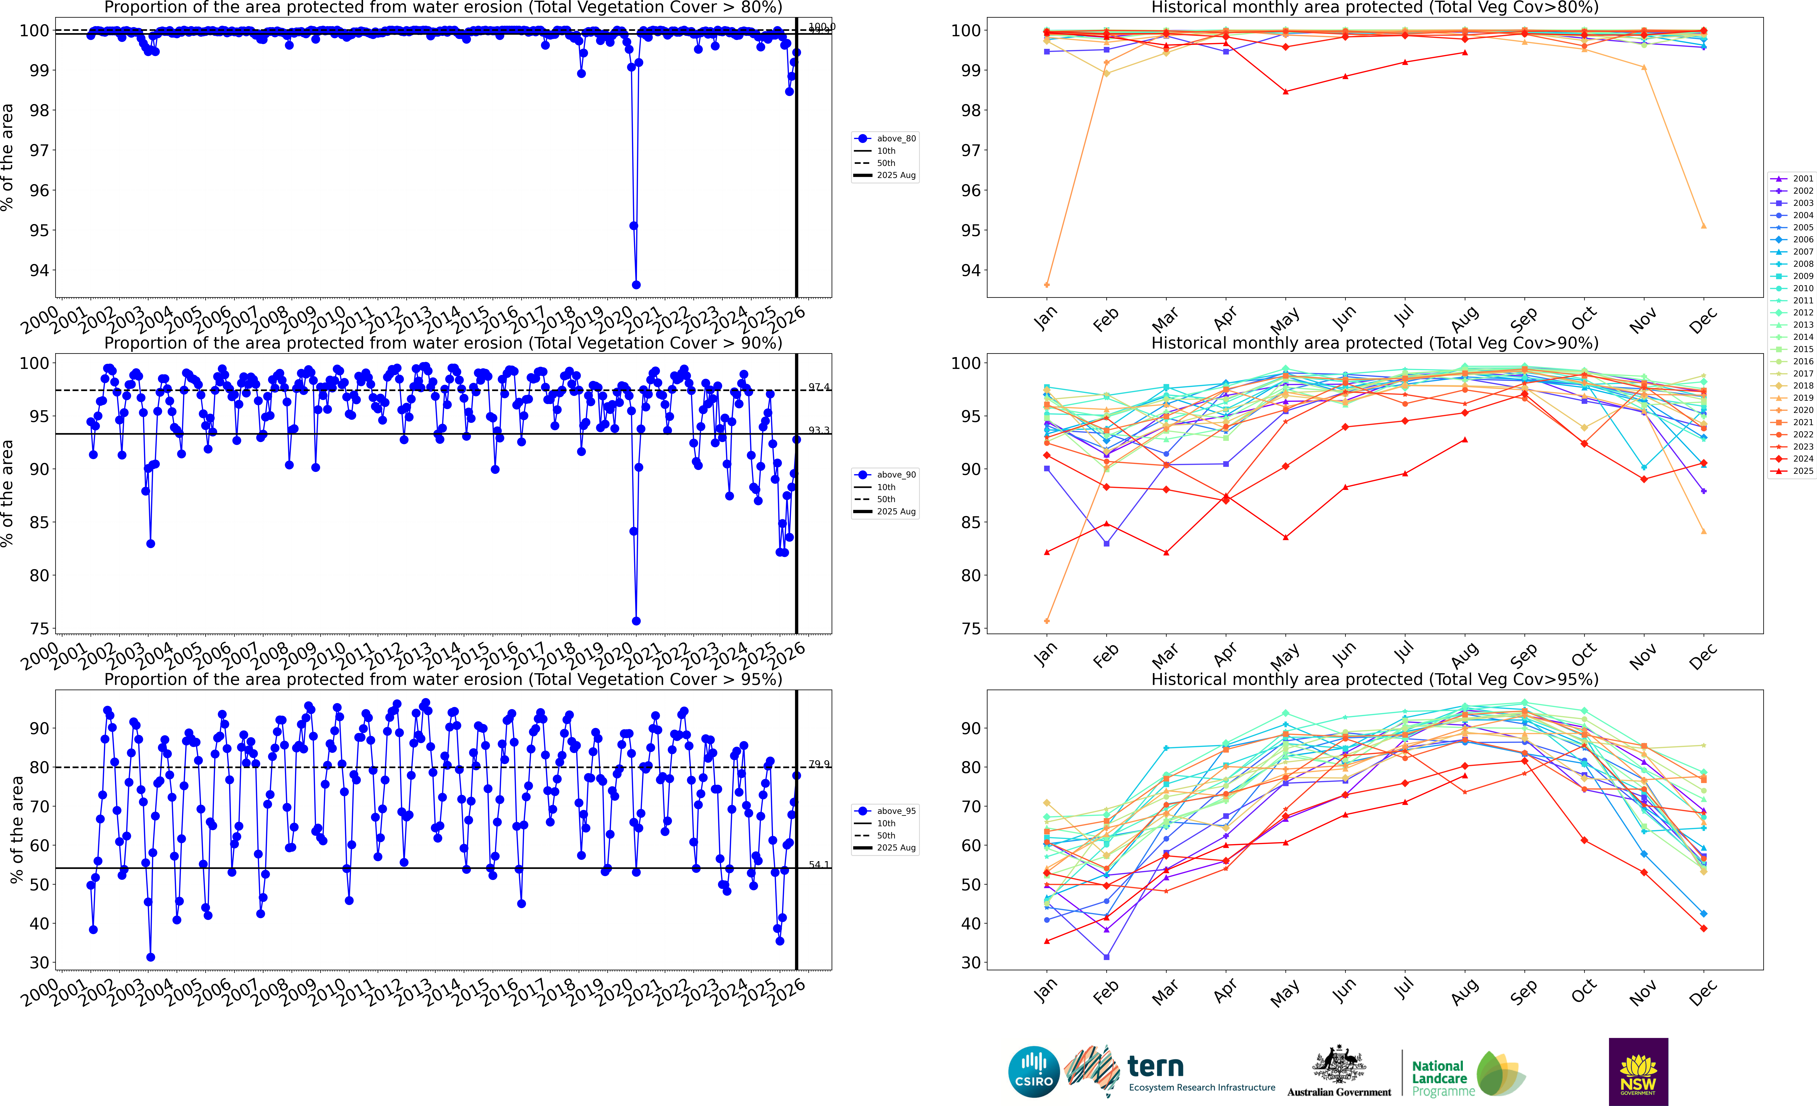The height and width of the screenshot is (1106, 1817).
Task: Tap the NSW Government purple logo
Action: [x=1638, y=1071]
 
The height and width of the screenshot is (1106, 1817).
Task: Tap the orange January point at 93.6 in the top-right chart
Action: [x=1047, y=285]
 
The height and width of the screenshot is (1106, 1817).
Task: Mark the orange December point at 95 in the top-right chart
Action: [x=1703, y=226]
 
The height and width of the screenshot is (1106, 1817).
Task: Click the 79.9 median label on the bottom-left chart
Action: [x=818, y=764]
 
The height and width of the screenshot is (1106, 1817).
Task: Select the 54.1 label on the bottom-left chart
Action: [x=818, y=864]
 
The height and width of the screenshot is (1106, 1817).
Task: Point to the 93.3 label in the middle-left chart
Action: [x=818, y=430]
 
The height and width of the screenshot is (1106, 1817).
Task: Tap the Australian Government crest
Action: [x=1338, y=1064]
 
